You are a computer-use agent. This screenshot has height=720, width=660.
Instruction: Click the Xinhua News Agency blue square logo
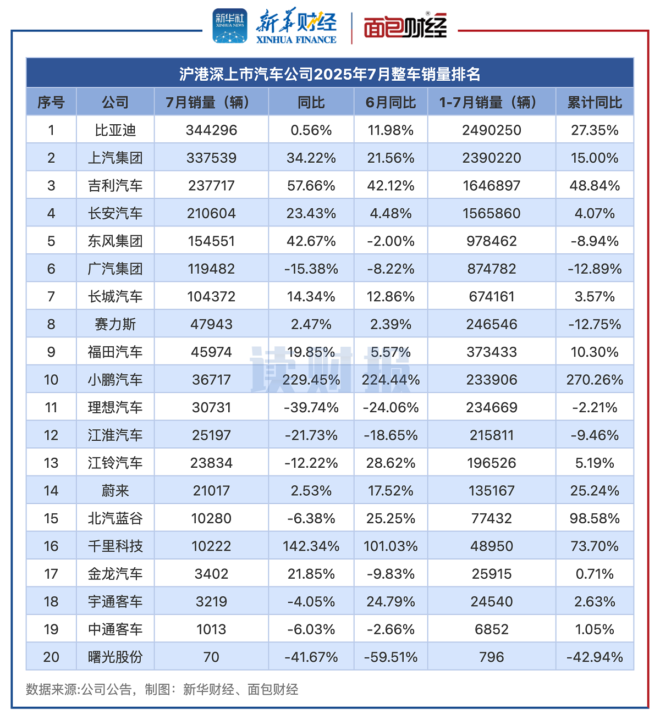(x=230, y=25)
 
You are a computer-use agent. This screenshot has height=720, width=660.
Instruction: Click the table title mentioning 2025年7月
(x=330, y=74)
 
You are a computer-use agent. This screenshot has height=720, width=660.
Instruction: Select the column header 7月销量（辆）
(x=211, y=102)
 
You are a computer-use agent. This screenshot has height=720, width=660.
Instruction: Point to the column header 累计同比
(x=595, y=102)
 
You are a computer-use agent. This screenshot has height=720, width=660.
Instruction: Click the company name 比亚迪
(x=115, y=130)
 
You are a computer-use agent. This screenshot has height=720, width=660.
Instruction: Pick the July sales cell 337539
(x=211, y=158)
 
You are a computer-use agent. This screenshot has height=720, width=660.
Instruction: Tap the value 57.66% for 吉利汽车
(x=311, y=186)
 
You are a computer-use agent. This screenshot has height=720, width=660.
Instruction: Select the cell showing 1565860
(x=491, y=213)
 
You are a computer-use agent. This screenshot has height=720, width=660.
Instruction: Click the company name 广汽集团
(x=115, y=269)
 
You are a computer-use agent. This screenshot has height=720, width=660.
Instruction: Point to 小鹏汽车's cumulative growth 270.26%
(x=595, y=380)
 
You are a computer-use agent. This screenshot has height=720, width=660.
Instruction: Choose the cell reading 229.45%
(x=311, y=380)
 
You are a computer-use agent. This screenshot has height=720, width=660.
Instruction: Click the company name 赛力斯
(x=115, y=324)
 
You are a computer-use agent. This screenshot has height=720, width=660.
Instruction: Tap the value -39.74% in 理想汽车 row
(x=311, y=407)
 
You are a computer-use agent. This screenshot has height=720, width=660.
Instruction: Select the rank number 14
(x=51, y=491)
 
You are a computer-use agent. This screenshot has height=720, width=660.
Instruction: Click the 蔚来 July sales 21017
(x=211, y=491)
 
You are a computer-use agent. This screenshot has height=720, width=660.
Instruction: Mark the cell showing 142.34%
(x=311, y=546)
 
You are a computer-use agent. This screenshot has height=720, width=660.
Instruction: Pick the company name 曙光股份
(x=115, y=657)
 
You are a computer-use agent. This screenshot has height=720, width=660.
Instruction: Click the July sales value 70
(x=211, y=657)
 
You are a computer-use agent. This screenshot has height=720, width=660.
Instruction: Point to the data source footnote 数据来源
(x=162, y=689)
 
